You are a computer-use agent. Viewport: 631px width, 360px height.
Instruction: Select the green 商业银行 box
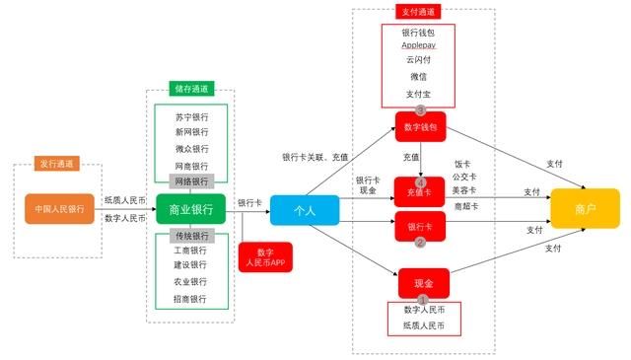190,209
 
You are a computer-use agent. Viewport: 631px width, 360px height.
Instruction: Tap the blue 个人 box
304,210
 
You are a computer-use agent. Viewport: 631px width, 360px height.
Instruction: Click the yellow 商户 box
585,208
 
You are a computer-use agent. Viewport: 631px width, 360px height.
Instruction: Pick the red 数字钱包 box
421,127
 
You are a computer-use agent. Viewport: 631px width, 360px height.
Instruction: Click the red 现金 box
423,283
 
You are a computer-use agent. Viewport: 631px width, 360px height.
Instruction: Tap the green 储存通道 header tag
190,89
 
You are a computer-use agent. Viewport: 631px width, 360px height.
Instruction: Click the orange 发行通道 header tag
58,164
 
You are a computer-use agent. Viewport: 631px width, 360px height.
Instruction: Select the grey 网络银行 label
190,181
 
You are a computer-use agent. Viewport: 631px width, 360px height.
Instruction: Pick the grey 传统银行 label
190,237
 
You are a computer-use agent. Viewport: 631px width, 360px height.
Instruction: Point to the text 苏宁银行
190,116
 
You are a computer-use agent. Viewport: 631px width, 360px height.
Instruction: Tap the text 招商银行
190,299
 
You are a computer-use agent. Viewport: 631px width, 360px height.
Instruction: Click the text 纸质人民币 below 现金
424,324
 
